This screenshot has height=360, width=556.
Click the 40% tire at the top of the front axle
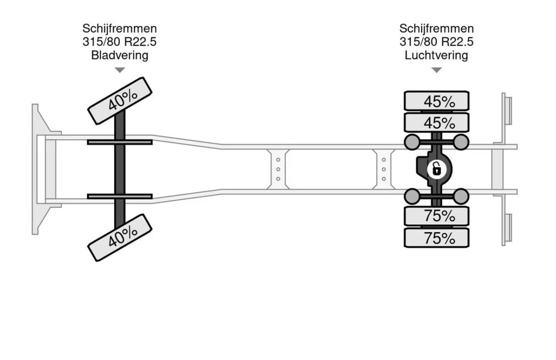[120, 101]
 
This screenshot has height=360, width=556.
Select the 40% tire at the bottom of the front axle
[120, 238]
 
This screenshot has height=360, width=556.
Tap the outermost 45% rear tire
[436, 101]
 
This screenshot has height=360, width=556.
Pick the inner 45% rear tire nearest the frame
[436, 122]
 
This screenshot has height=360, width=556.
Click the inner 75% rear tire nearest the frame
[436, 215]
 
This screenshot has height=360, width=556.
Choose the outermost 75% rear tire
[436, 238]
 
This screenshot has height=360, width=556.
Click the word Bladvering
[120, 55]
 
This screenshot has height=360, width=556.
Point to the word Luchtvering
[436, 55]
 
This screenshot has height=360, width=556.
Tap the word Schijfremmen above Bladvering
[120, 29]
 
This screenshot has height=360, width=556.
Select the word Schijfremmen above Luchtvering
[436, 29]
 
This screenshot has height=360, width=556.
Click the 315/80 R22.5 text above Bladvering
[120, 42]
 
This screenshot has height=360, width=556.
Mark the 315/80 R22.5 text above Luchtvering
[436, 42]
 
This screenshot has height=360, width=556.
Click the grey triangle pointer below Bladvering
[120, 70]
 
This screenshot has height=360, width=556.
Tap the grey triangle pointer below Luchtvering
[436, 70]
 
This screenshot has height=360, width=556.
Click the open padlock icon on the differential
[436, 169]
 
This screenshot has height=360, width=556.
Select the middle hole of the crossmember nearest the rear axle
[384, 169]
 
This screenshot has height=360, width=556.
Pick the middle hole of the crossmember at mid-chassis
[278, 169]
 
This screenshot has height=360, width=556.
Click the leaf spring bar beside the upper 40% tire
[120, 142]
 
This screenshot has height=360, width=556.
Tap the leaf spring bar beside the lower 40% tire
[120, 196]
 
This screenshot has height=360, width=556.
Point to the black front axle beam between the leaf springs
[120, 169]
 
